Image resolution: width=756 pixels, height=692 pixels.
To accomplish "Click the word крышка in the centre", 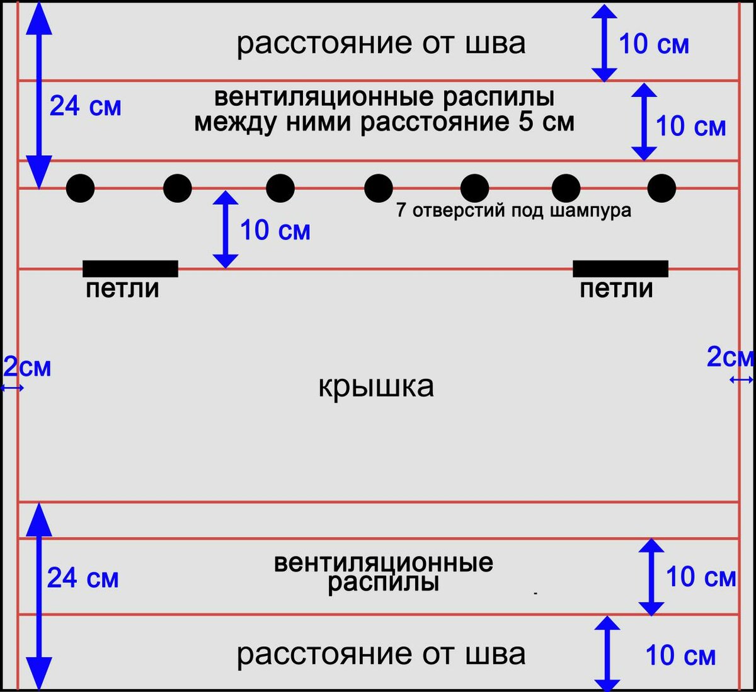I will click(376, 386).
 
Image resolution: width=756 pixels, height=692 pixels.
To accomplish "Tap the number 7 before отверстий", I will click(401, 210).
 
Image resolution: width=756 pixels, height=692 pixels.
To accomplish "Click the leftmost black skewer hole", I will click(81, 188).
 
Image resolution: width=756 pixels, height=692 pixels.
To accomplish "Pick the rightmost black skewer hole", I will click(661, 188).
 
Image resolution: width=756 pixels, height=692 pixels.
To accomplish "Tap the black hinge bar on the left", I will click(130, 269).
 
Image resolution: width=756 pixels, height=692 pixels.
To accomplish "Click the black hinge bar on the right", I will click(621, 269).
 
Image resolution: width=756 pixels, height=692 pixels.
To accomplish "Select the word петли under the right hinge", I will click(616, 289).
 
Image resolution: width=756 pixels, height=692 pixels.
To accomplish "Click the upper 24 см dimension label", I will click(85, 106).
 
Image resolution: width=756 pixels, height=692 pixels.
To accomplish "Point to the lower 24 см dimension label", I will click(83, 577).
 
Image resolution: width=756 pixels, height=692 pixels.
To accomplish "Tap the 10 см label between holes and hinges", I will click(275, 231).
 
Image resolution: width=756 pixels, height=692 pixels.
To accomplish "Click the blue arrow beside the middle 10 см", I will click(226, 229).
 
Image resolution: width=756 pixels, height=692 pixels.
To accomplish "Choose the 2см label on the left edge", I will click(27, 367).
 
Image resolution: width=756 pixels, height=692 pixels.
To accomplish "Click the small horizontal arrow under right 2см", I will click(742, 379).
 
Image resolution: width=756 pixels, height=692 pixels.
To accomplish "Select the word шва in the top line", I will click(495, 43).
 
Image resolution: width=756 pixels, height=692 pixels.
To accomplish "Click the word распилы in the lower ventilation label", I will click(383, 582).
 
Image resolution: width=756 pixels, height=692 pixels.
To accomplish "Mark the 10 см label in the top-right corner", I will click(654, 44).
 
